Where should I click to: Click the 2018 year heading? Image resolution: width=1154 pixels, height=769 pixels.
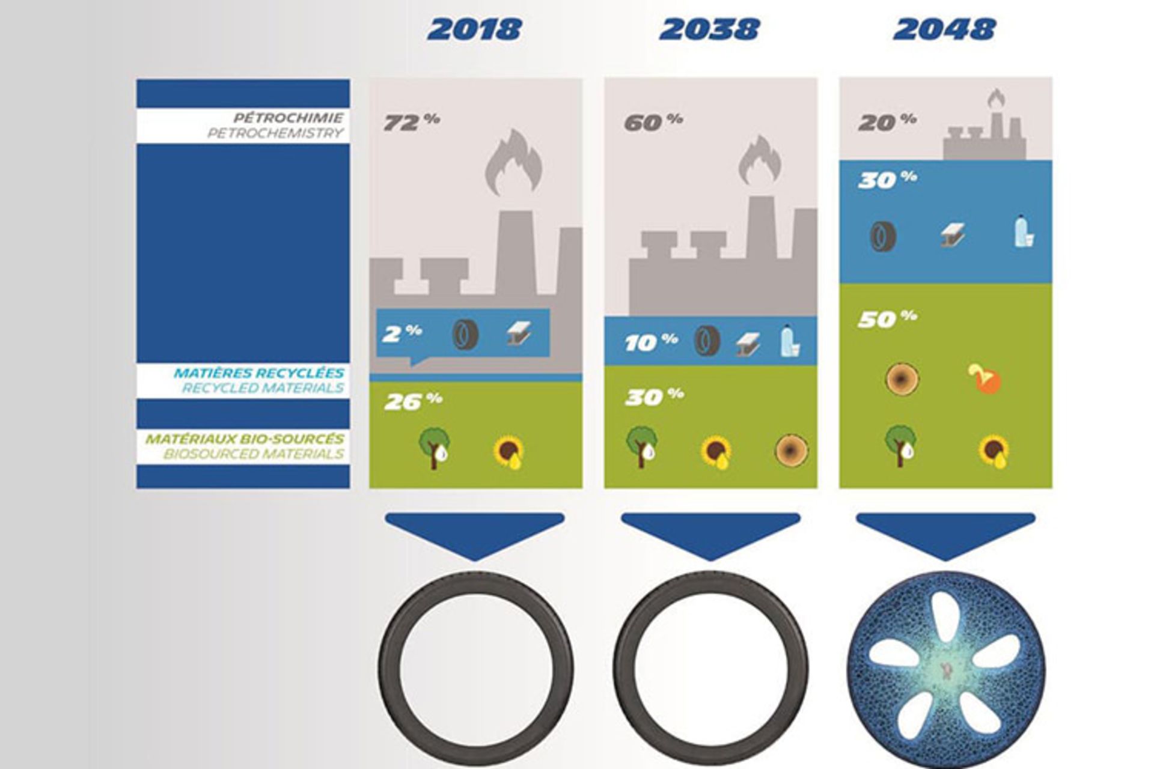(x=474, y=29)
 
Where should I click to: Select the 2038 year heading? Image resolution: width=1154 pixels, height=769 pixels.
(x=709, y=29)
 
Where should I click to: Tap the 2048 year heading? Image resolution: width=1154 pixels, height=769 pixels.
(x=944, y=29)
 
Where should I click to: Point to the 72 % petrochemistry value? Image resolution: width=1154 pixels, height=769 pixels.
(x=412, y=121)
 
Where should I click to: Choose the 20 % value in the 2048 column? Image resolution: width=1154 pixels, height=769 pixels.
(x=887, y=121)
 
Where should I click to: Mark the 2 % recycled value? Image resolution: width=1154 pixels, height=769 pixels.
(x=401, y=333)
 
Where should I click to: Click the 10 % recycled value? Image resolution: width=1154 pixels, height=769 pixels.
(x=651, y=341)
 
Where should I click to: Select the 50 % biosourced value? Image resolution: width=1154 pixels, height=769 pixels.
(x=887, y=318)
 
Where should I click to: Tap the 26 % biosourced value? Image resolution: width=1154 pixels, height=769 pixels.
(x=414, y=401)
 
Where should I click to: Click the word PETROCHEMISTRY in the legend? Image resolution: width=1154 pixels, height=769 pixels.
(x=275, y=133)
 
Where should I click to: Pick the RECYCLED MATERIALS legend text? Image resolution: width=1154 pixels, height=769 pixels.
(x=263, y=388)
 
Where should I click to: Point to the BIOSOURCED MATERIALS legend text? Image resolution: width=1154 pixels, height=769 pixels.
(x=254, y=454)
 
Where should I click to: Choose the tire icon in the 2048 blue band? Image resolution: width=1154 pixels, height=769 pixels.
(x=884, y=236)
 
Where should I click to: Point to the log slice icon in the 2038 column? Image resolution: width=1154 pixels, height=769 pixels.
(x=792, y=449)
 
